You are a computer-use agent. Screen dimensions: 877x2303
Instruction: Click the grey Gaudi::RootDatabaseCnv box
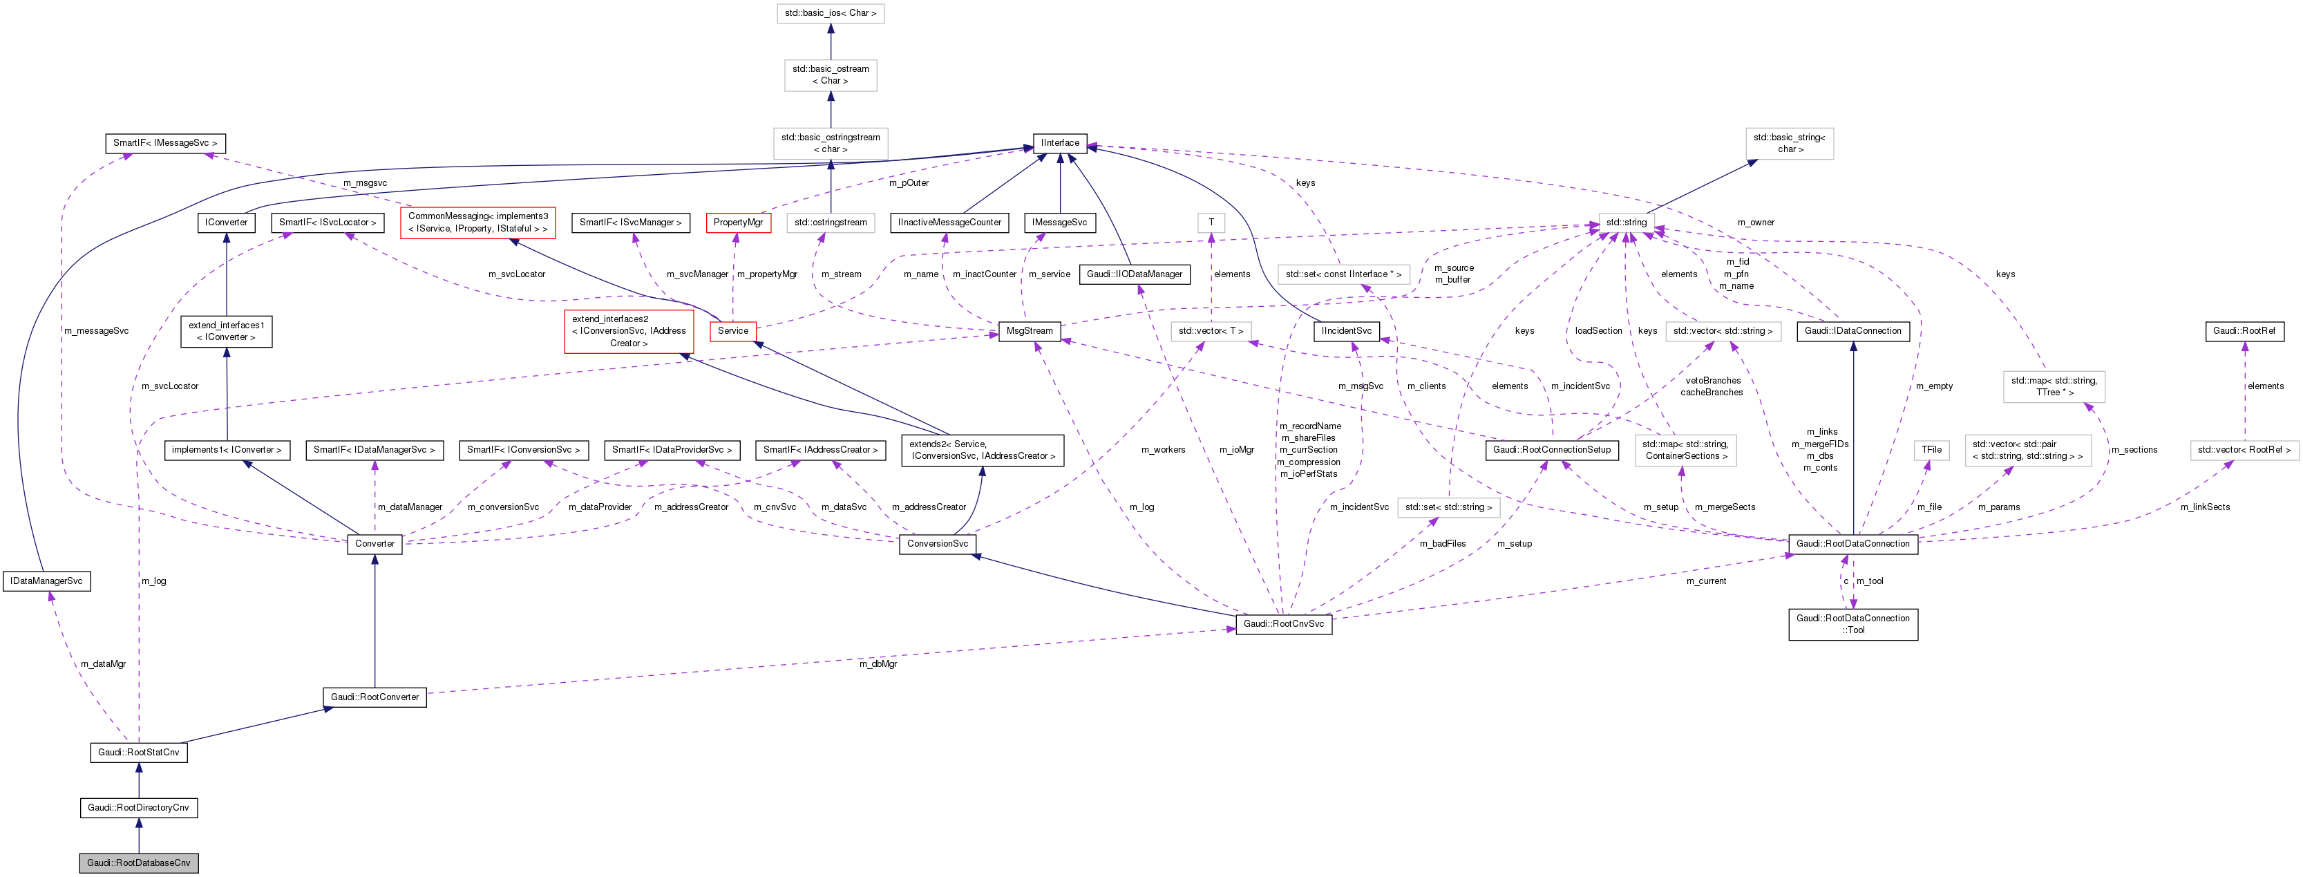point(139,862)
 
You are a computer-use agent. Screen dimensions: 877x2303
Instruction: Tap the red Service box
point(732,331)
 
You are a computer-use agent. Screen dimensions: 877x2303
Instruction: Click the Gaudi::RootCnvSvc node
point(1283,624)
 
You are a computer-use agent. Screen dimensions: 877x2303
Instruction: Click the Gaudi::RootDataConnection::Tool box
point(1852,624)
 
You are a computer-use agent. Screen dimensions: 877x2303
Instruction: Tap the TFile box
point(1931,450)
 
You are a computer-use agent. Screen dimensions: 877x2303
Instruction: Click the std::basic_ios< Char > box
point(830,13)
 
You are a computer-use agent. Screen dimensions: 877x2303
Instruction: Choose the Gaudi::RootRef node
point(2244,331)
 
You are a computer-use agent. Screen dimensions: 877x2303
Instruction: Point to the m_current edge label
point(1706,581)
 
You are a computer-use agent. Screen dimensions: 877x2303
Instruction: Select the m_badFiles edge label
point(1442,543)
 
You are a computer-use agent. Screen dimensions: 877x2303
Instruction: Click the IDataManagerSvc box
point(46,581)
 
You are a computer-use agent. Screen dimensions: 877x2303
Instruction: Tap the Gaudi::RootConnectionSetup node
point(1551,450)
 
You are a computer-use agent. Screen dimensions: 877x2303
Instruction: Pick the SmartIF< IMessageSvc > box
point(164,143)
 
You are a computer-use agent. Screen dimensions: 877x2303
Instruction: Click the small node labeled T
point(1211,223)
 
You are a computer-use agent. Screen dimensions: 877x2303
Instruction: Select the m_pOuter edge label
point(909,183)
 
